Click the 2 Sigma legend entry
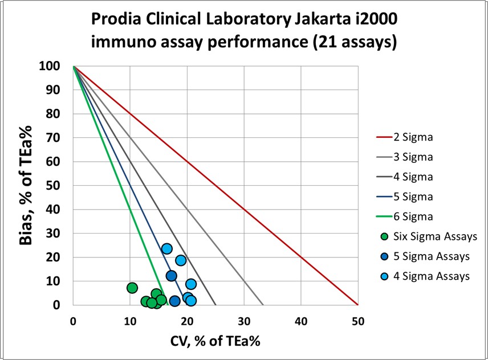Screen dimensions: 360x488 click(x=413, y=137)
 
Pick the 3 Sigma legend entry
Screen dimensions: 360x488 click(x=413, y=157)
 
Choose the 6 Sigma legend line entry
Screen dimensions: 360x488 click(x=413, y=216)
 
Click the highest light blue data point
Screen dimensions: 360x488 click(x=166, y=249)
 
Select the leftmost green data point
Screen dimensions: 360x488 click(x=132, y=288)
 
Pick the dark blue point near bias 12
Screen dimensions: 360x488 click(x=171, y=276)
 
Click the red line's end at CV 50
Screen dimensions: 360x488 click(x=357, y=305)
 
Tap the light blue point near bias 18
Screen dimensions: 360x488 click(x=181, y=260)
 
